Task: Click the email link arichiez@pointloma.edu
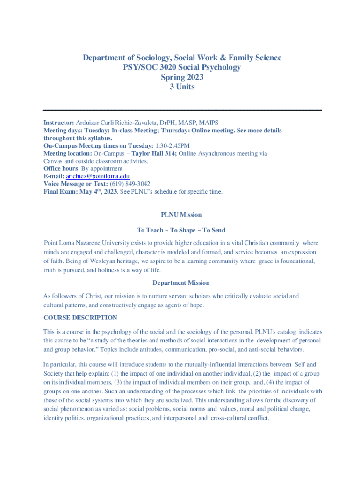(97, 176)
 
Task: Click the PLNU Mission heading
(181, 215)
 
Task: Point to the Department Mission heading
(181, 283)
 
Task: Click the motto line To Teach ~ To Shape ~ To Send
(181, 230)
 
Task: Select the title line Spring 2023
(182, 77)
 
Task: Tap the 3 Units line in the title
(182, 87)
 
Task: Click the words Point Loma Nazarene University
(86, 243)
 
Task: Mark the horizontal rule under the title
(182, 110)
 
